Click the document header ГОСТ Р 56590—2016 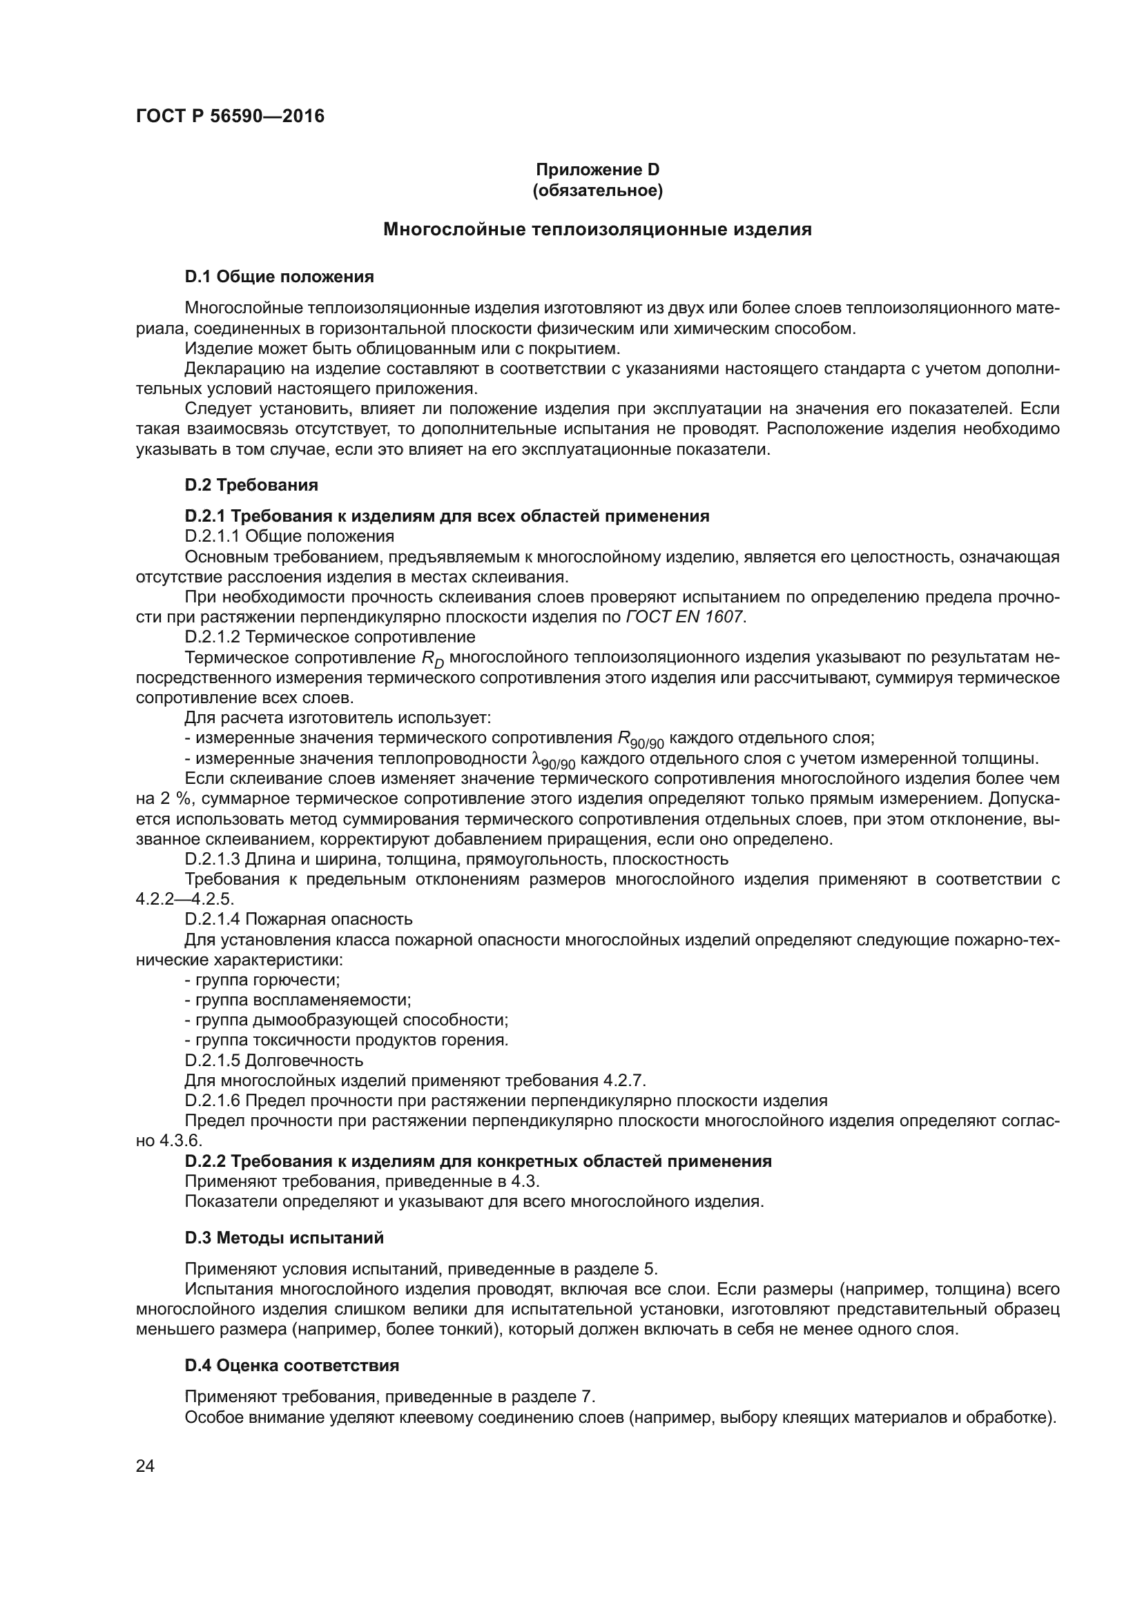[x=230, y=117]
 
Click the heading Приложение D [x=597, y=170]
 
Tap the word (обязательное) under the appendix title [x=597, y=190]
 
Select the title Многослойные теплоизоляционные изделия [x=597, y=230]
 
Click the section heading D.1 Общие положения [x=279, y=277]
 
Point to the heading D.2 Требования [x=251, y=485]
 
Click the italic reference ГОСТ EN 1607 [x=684, y=617]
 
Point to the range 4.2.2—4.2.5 [x=184, y=899]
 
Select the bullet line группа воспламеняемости [x=298, y=1000]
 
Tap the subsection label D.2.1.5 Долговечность [x=273, y=1060]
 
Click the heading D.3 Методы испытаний [x=284, y=1238]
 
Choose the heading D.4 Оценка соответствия [x=292, y=1366]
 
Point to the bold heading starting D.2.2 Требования [x=478, y=1161]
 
